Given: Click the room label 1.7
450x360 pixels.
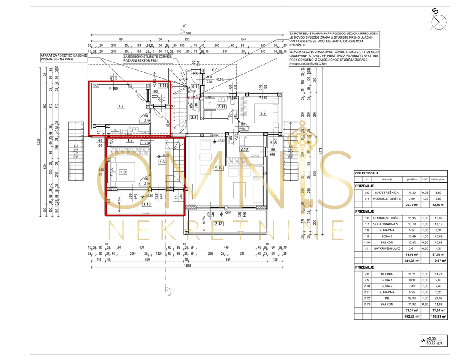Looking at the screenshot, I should (121, 106).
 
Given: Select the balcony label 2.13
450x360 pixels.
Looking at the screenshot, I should (218, 224).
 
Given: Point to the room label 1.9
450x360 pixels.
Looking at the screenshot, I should (123, 172).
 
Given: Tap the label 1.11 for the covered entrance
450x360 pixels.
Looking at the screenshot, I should (162, 85).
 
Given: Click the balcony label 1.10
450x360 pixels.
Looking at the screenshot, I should (147, 204).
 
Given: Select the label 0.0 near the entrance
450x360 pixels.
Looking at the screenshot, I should (215, 70).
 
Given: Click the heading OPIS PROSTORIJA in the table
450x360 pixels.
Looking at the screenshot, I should (367, 173).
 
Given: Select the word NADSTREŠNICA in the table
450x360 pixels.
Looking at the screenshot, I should (390, 192).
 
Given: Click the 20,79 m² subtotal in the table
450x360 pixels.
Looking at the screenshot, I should (411, 205).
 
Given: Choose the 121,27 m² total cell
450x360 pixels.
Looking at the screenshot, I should (411, 260).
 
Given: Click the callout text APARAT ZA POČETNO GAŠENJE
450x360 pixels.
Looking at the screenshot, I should (64, 55).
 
